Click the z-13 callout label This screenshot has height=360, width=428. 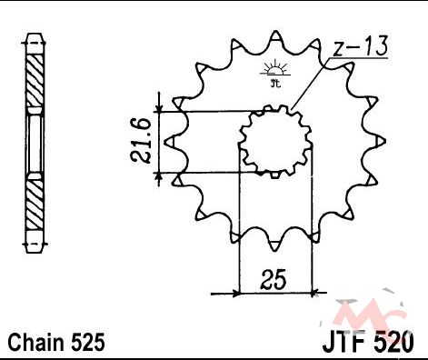[360, 46]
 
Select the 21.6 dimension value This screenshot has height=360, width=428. [141, 141]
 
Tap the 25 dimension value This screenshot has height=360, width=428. [273, 279]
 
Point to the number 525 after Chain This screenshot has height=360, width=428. [88, 343]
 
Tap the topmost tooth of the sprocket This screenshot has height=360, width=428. [275, 35]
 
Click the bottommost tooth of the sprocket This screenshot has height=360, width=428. [274, 246]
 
